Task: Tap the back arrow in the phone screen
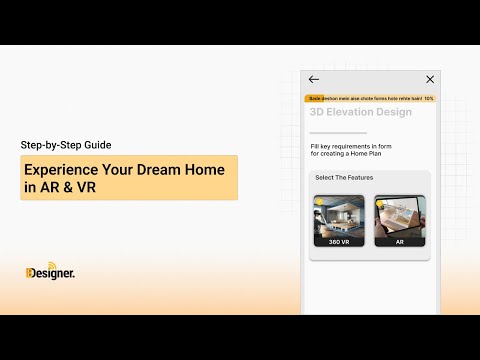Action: tap(314, 79)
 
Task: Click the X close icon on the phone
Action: tap(430, 79)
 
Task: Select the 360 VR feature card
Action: tap(339, 220)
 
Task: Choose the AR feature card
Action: tap(400, 220)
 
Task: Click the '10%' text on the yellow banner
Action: tap(429, 99)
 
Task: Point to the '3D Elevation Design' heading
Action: tap(360, 113)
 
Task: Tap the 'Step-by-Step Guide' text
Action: tap(66, 144)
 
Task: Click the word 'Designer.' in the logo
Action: tap(53, 272)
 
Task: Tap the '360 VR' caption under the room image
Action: tap(339, 242)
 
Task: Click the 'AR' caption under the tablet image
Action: tap(400, 242)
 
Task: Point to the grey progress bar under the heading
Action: tap(338, 133)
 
